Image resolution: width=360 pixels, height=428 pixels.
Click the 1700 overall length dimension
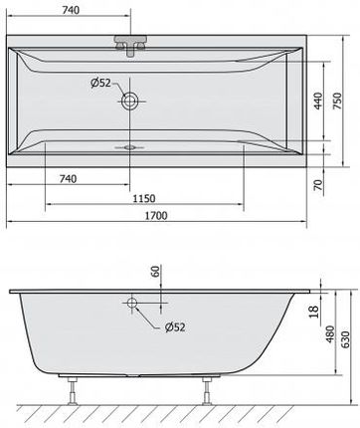coord(156,216)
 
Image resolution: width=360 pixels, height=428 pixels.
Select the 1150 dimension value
coord(144,198)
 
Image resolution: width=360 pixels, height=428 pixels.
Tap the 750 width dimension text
coord(336,101)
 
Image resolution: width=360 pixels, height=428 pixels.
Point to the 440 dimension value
coord(318,101)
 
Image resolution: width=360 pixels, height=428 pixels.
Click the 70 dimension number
coord(318,184)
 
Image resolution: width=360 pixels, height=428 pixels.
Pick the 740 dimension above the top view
coord(71,10)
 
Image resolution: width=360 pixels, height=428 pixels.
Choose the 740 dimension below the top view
coord(68,179)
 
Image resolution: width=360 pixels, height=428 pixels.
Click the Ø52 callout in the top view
coord(100,83)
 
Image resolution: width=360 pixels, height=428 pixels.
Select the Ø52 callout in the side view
coord(175,327)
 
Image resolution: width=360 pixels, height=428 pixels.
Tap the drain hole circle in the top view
coord(130,101)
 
